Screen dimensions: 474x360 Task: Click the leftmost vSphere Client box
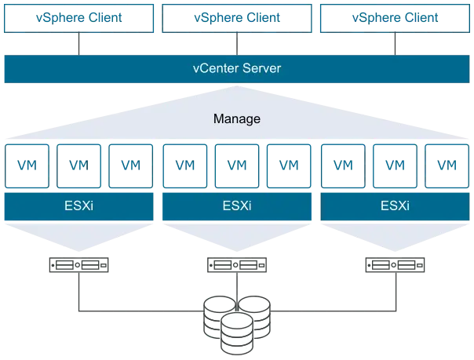point(79,18)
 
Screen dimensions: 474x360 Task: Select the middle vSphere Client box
point(237,18)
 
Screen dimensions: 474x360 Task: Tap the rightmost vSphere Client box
point(395,18)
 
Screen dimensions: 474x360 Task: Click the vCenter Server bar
point(237,69)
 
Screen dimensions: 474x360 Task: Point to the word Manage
point(237,118)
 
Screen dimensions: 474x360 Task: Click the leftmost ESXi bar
point(79,206)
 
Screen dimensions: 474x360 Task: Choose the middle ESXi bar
point(237,206)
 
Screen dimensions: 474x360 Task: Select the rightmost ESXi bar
point(395,206)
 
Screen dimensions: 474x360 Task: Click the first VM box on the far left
point(27,166)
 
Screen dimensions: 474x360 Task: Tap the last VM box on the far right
point(447,166)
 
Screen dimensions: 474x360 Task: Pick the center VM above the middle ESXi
point(237,166)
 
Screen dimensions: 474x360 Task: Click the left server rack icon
point(79,265)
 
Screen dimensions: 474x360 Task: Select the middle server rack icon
point(237,265)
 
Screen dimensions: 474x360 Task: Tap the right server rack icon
point(395,265)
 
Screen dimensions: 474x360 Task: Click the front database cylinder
point(237,333)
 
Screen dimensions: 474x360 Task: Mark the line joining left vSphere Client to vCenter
point(79,44)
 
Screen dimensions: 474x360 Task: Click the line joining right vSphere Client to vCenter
point(395,44)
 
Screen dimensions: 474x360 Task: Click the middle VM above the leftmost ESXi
point(79,166)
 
